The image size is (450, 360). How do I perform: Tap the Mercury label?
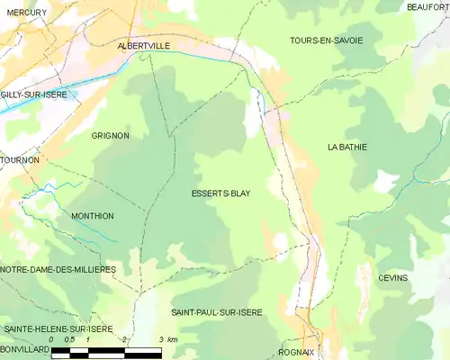pyautogui.click(x=25, y=13)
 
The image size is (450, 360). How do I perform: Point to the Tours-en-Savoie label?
pyautogui.click(x=326, y=40)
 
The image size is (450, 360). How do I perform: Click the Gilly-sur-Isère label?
pyautogui.click(x=34, y=94)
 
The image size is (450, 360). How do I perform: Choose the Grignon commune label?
pyautogui.click(x=110, y=136)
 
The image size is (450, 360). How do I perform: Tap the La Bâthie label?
pyautogui.click(x=347, y=147)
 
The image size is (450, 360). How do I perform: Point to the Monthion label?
pyautogui.click(x=92, y=216)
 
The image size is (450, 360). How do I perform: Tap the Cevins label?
pyautogui.click(x=392, y=278)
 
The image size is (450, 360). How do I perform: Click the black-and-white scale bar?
pyautogui.click(x=106, y=352)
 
